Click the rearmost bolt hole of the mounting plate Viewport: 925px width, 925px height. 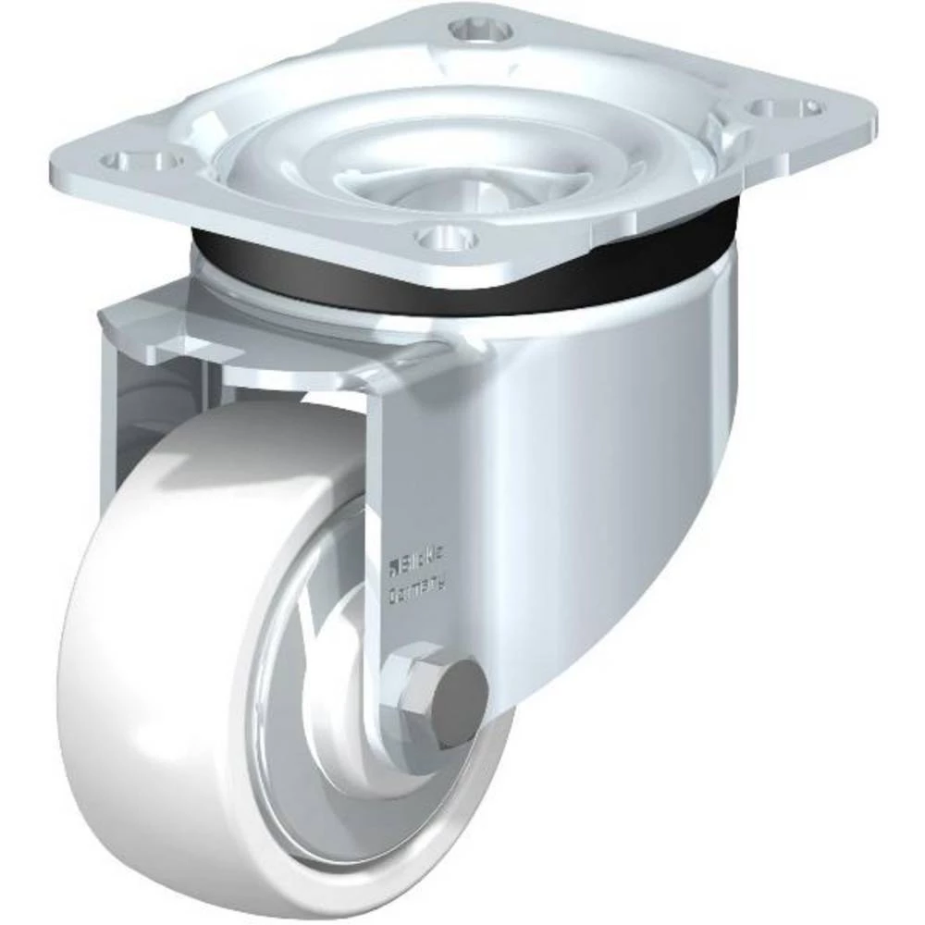(x=481, y=31)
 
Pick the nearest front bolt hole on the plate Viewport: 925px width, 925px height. (x=447, y=239)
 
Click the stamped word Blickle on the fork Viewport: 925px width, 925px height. (x=424, y=559)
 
